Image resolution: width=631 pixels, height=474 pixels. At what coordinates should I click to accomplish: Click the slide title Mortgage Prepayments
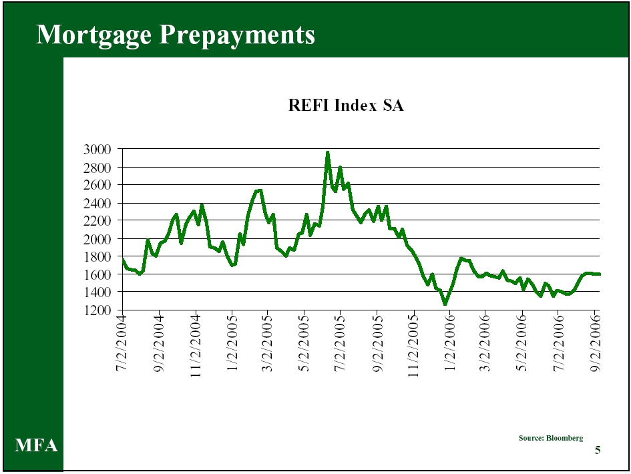tap(175, 34)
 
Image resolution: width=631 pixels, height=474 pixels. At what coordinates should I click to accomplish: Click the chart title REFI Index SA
tap(345, 105)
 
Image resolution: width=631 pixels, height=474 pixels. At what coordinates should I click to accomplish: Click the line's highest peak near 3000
tap(327, 153)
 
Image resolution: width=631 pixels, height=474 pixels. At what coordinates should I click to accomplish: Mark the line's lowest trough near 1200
tap(445, 304)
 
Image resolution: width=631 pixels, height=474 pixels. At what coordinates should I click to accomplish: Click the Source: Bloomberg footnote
tap(550, 438)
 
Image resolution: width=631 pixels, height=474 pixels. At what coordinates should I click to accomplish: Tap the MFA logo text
tap(37, 446)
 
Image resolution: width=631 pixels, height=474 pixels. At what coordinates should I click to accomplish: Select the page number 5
tap(598, 450)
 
